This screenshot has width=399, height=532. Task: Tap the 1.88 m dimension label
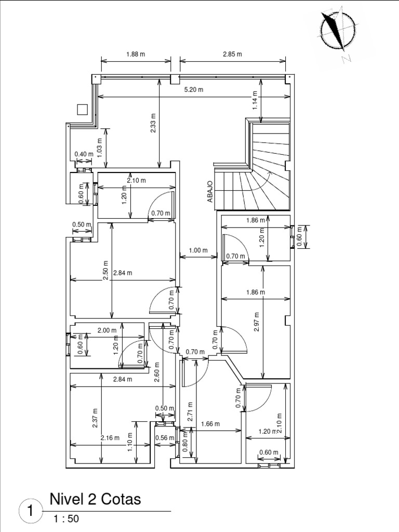136,54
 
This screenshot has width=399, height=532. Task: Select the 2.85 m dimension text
232,54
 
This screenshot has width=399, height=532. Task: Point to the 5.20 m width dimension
194,90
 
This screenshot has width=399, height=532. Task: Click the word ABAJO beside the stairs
210,191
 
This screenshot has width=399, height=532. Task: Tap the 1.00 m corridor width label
198,250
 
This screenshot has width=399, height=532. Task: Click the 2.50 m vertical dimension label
106,270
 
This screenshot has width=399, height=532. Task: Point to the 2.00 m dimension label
107,330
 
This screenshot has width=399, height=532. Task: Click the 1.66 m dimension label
210,424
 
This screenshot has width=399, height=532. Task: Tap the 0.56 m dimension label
164,438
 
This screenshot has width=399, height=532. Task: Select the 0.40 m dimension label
83,154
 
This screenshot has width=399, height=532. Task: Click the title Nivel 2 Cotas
95,499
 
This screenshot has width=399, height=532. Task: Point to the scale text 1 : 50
66,518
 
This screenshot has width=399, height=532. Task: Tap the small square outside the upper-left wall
82,109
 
